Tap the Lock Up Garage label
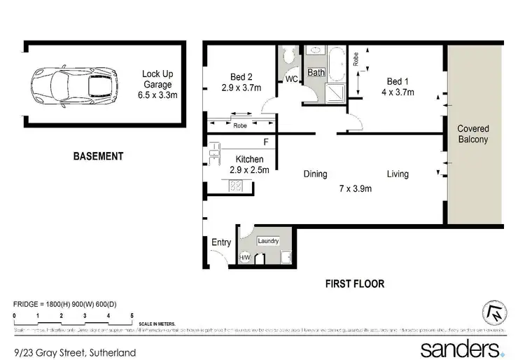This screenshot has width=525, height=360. [158, 84]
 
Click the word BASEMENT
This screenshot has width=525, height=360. [98, 156]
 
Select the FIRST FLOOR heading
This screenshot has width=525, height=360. [354, 284]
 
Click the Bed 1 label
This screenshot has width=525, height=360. [398, 81]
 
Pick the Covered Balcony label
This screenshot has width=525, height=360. [473, 134]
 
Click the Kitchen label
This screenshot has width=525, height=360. [249, 160]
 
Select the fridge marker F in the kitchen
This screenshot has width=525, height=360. [265, 142]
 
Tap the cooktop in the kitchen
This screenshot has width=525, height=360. [236, 186]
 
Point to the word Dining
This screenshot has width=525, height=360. [315, 174]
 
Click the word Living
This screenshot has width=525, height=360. [398, 174]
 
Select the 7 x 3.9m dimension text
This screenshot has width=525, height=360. [356, 188]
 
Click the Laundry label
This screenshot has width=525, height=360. [268, 241]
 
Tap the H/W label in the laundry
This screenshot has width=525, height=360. [245, 258]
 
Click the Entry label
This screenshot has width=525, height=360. [221, 242]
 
